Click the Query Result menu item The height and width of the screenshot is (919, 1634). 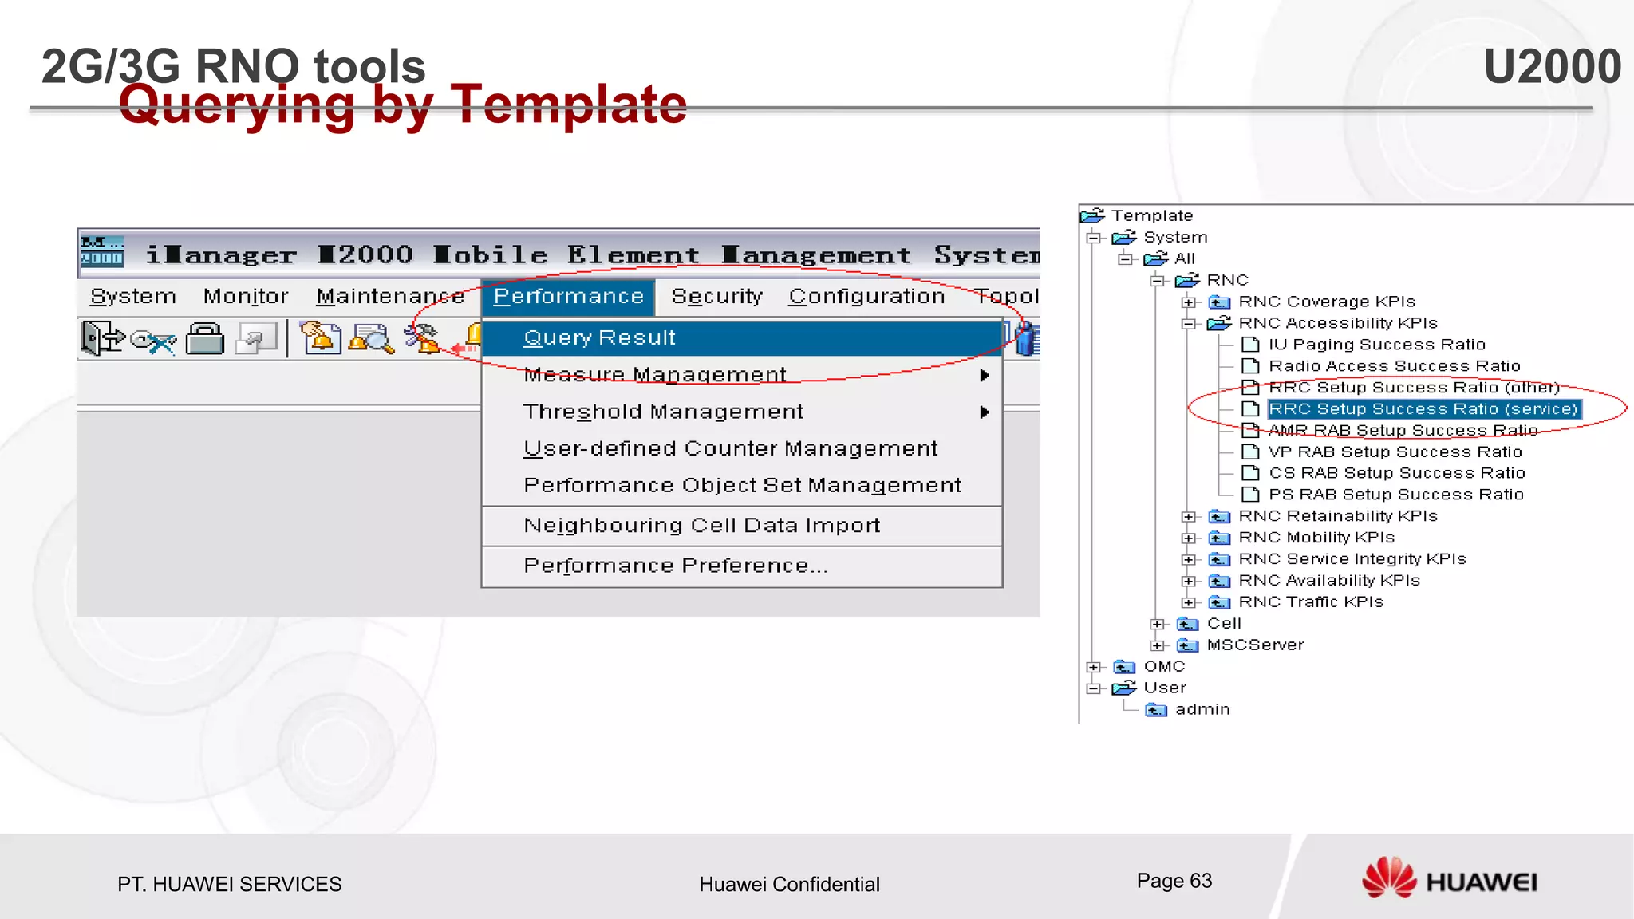pos(599,337)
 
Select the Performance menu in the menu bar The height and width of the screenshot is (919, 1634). pos(568,296)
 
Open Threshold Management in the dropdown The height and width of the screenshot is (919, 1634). pos(662,412)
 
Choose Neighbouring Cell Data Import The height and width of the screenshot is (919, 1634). pos(701,525)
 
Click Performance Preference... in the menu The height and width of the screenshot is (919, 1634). pos(675,566)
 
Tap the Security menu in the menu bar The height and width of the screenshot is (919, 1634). pos(716,296)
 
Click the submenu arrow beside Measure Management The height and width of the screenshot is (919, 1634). pos(985,375)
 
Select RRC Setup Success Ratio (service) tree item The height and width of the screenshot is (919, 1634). pos(1423,409)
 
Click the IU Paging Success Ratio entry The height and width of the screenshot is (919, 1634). pos(1376,345)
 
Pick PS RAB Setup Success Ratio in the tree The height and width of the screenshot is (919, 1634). pos(1395,495)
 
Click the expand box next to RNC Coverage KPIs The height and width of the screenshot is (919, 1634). pos(1189,302)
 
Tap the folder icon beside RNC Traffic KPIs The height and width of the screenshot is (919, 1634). pos(1219,602)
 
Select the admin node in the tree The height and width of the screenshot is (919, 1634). pos(1202,709)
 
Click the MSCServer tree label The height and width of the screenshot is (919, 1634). pos(1254,645)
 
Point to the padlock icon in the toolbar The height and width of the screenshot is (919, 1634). pos(205,338)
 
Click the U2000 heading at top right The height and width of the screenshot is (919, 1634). pos(1552,66)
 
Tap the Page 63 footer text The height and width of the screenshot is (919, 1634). pos(1174,881)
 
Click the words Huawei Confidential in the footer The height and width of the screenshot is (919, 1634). pos(789,884)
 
